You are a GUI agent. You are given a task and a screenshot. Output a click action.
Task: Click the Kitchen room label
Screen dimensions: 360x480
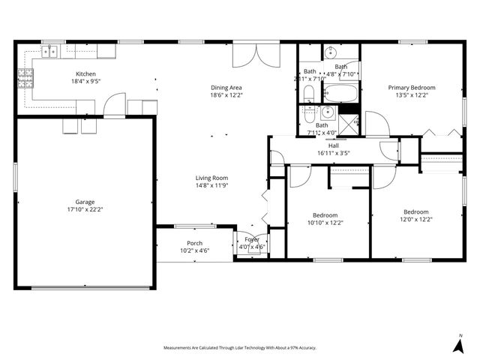(x=85, y=74)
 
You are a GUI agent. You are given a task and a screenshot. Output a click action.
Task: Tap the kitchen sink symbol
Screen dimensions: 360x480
(x=50, y=52)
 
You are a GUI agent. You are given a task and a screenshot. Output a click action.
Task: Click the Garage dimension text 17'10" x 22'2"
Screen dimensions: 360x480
(x=85, y=210)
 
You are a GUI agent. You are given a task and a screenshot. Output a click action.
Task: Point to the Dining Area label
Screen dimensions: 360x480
(x=226, y=88)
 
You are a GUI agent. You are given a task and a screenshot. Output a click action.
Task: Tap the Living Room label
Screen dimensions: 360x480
(x=211, y=177)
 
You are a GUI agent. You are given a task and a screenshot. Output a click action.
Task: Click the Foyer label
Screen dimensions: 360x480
(x=251, y=239)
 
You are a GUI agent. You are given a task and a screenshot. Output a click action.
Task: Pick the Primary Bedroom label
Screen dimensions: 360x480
(x=411, y=88)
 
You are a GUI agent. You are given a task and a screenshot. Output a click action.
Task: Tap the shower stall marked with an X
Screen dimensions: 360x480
(x=350, y=122)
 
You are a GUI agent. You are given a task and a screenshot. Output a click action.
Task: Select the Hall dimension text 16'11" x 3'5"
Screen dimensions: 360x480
(x=333, y=153)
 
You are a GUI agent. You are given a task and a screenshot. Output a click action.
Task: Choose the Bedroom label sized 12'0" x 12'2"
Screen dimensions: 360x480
(x=415, y=211)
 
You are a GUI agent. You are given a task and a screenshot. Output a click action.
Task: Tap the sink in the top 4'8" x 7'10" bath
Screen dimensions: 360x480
(x=331, y=53)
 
